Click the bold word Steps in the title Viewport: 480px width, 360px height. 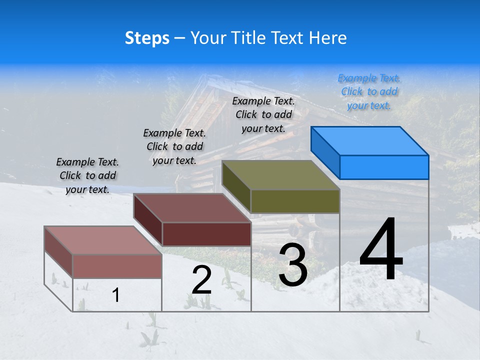147,38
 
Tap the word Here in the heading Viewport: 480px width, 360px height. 328,38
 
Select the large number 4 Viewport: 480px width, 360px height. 381,250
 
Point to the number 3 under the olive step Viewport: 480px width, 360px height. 293,265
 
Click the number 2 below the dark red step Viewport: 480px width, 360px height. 201,280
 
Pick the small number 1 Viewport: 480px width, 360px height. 116,295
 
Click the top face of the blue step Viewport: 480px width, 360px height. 370,140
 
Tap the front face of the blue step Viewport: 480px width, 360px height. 384,167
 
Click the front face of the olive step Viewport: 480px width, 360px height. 295,201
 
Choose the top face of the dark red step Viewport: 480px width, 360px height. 192,207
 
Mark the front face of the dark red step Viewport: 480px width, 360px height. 206,234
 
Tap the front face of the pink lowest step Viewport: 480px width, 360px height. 117,266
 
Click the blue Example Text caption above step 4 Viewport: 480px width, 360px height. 369,91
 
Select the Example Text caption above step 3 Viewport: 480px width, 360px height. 263,114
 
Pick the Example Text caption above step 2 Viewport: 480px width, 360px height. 174,146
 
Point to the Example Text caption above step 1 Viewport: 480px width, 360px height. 87,175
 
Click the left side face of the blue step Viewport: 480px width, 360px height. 325,152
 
